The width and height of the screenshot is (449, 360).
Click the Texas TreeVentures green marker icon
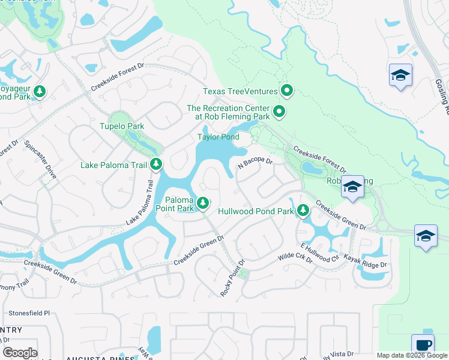click(x=287, y=91)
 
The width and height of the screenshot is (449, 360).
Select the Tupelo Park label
click(x=122, y=127)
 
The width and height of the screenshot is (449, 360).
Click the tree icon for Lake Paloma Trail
click(x=156, y=164)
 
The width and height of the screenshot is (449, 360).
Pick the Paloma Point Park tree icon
click(x=203, y=204)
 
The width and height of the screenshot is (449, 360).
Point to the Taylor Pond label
click(x=218, y=137)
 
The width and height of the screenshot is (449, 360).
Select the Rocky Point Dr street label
click(x=234, y=278)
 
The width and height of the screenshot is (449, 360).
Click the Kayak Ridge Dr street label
click(x=365, y=261)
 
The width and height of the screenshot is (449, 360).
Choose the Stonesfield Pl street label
click(x=29, y=313)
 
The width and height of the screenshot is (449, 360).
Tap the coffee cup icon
click(x=423, y=345)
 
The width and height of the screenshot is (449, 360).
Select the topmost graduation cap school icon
click(x=400, y=75)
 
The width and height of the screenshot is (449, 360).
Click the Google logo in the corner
click(x=19, y=353)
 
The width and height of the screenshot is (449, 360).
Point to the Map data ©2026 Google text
click(x=412, y=355)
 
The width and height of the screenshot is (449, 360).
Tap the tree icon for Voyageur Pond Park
click(x=40, y=92)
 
